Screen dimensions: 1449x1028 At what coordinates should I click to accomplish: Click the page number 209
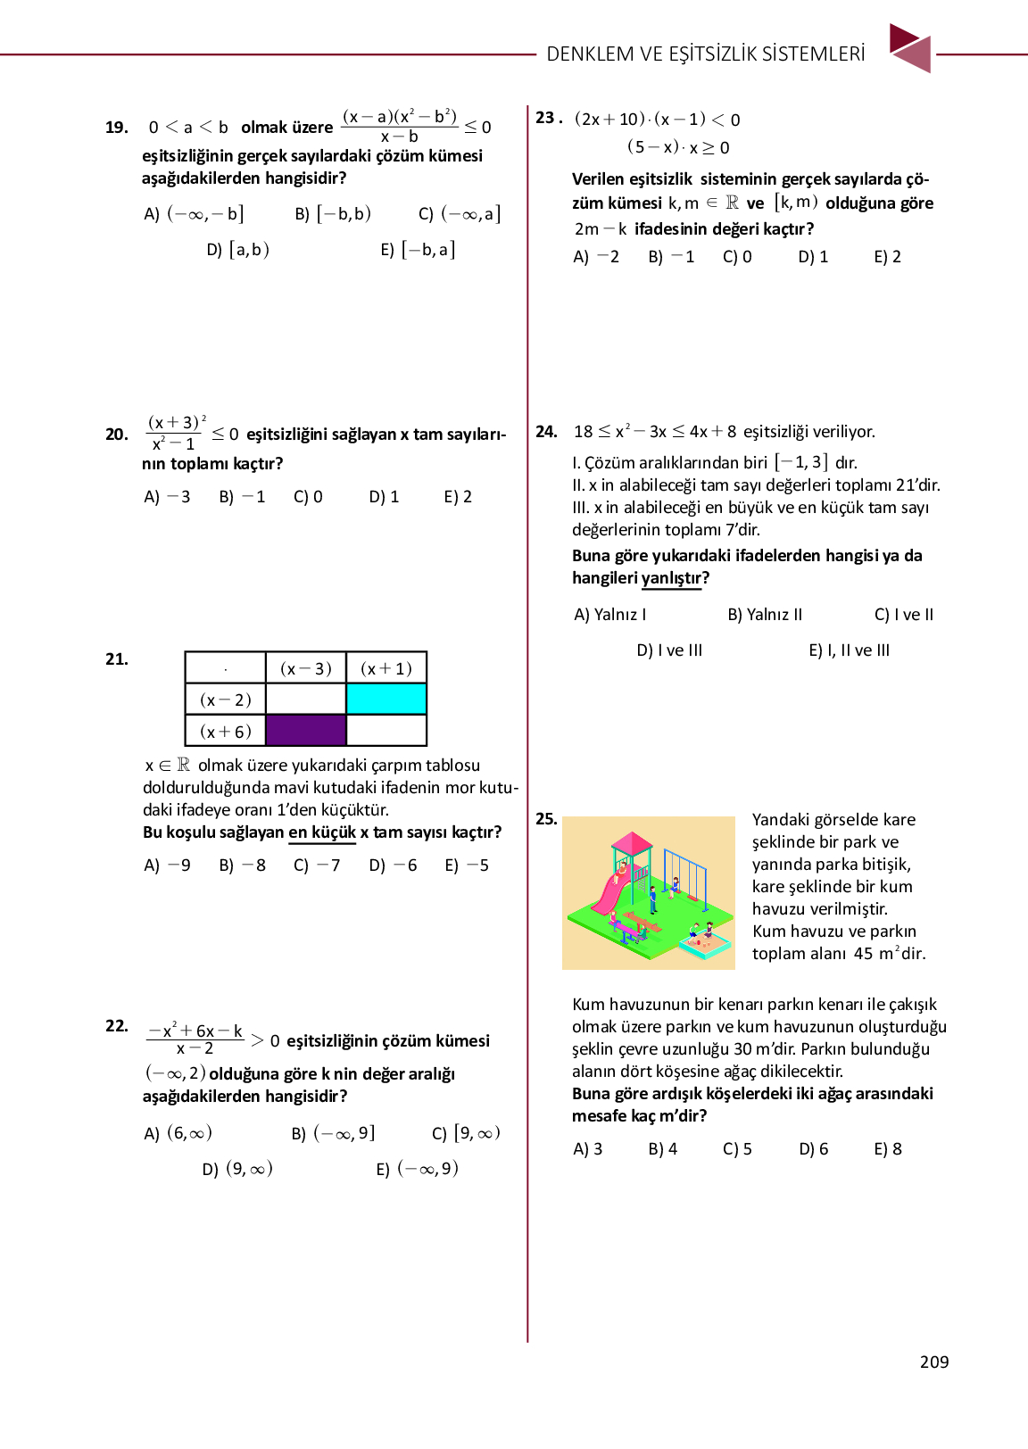[933, 1362]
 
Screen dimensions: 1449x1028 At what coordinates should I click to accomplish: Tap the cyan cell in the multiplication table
[386, 699]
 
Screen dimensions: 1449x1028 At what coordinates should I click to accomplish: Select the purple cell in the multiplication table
[306, 730]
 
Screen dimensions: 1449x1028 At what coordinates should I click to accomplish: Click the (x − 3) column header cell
[306, 668]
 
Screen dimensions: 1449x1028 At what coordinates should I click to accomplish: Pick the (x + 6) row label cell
[226, 731]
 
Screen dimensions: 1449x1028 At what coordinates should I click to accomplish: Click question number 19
[116, 128]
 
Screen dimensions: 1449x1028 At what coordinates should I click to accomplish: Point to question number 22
[116, 1026]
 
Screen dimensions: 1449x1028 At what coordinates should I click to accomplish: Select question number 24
[546, 432]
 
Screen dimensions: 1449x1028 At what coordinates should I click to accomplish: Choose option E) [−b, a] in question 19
[418, 250]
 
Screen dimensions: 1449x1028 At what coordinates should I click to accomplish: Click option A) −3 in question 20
[167, 497]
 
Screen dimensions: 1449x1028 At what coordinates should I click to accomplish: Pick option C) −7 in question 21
[317, 865]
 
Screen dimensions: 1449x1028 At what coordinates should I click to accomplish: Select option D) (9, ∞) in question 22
[237, 1169]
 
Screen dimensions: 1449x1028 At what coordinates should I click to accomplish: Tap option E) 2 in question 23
[887, 257]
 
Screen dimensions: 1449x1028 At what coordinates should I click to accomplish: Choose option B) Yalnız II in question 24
[765, 615]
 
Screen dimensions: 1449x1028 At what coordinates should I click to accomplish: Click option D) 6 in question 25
[813, 1149]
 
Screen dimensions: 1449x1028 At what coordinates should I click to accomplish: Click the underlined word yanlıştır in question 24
[672, 578]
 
